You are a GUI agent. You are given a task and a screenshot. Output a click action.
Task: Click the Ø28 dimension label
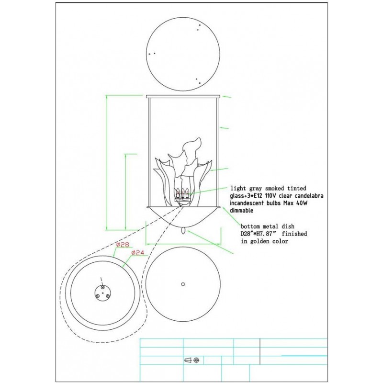(123, 245)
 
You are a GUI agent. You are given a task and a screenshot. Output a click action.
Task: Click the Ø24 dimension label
(137, 253)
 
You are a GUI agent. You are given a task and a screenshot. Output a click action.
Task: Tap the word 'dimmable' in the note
(242, 210)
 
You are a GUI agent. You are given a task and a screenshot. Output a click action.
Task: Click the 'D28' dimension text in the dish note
(246, 234)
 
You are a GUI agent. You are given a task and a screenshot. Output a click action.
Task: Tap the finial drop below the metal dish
(183, 230)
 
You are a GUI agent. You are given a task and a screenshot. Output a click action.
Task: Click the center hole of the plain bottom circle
(183, 284)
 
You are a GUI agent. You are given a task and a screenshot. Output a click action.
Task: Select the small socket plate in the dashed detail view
(102, 293)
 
